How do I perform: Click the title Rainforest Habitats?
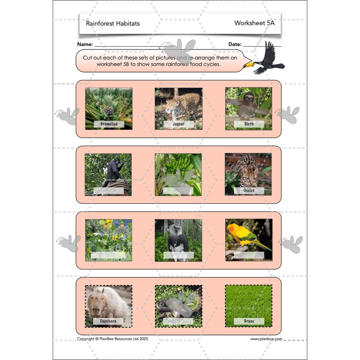[x=112, y=23]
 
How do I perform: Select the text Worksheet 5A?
[x=254, y=23]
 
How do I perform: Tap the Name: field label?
[x=85, y=45]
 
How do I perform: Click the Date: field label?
[x=235, y=45]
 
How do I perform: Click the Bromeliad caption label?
[x=108, y=123]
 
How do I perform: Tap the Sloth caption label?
[x=249, y=123]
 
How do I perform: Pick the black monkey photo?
[x=108, y=173]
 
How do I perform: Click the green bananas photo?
[x=178, y=173]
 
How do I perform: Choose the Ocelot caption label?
[x=249, y=190]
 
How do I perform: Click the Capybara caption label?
[x=108, y=321]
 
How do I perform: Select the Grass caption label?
[x=249, y=321]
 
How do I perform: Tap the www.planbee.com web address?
[x=266, y=339]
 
